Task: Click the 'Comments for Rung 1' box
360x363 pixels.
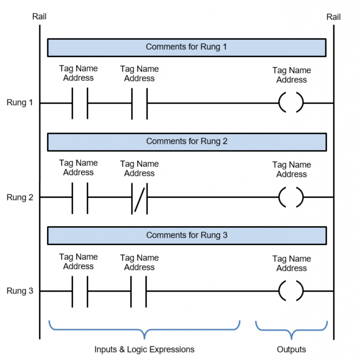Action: (x=187, y=48)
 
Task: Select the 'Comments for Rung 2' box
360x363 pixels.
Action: (x=187, y=142)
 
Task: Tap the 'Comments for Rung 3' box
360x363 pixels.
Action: (x=187, y=236)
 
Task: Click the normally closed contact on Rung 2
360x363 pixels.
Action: (x=139, y=199)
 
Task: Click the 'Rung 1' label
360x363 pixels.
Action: (x=20, y=102)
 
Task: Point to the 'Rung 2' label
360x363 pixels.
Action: (x=20, y=197)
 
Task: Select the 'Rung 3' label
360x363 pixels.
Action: (x=20, y=291)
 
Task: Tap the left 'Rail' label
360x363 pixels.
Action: (x=39, y=16)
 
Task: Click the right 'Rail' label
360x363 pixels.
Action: (x=333, y=17)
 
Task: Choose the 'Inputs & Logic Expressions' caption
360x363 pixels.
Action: (x=144, y=349)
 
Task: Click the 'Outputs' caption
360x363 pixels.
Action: (x=292, y=349)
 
